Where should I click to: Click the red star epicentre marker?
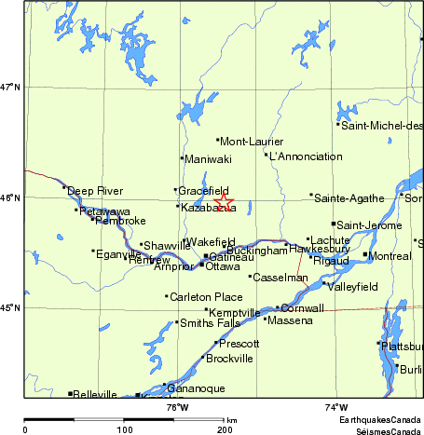(224, 202)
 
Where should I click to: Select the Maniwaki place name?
(206, 159)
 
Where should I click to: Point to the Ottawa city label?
(222, 266)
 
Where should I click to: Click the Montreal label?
(390, 256)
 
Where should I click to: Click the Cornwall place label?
(302, 308)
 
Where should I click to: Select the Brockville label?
(229, 359)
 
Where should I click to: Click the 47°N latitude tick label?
(10, 88)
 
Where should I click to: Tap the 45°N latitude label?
(10, 308)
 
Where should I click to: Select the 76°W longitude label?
(177, 407)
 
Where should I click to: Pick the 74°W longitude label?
(336, 407)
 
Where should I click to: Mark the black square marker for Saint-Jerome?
(334, 224)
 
